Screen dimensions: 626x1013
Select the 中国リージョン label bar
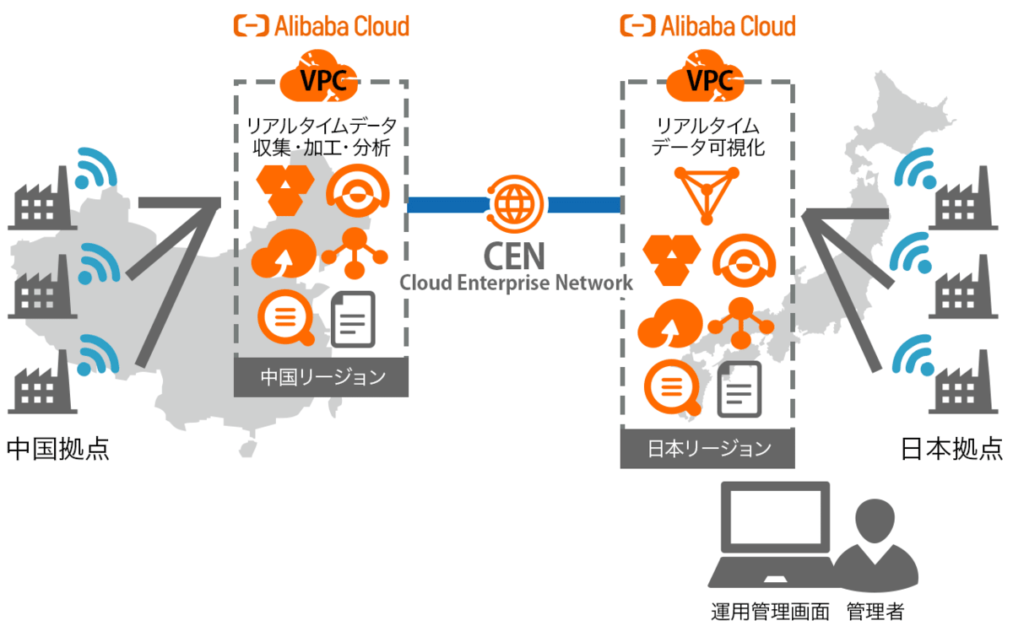point(321,376)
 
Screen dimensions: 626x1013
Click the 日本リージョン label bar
point(707,448)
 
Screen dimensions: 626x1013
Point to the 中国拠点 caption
point(57,448)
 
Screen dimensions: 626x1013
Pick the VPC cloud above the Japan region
point(707,76)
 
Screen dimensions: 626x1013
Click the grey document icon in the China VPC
point(353,319)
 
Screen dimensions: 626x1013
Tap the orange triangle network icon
point(707,193)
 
